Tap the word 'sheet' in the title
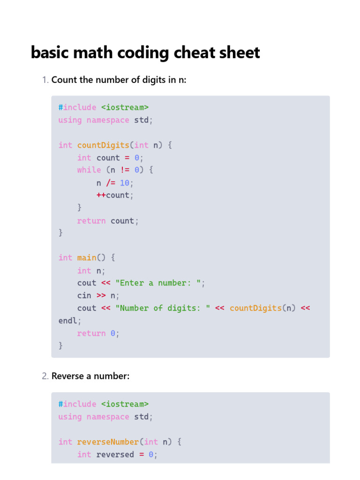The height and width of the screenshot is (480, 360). coord(240,52)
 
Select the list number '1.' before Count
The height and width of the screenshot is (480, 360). coord(45,80)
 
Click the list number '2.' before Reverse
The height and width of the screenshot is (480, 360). coord(45,376)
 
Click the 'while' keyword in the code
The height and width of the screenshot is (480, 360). coord(89,170)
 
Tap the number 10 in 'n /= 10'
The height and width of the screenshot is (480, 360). coord(124,183)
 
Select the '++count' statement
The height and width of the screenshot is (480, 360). coord(114,195)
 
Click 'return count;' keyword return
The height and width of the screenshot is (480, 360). coord(91,221)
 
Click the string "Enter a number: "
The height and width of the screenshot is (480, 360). coord(159,283)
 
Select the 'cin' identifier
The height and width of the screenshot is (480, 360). coord(84,296)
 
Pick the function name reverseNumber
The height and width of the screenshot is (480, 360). coord(108,442)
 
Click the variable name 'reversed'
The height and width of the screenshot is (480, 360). coord(115,455)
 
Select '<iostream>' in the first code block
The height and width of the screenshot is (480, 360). coord(125,107)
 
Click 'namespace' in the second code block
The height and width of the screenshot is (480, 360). coord(108,417)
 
